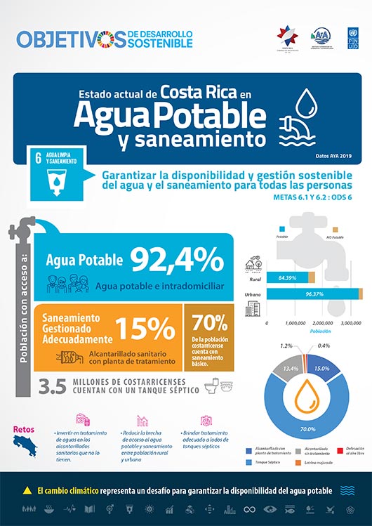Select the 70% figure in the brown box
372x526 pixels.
tap(211, 322)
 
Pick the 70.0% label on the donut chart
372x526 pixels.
tap(307, 428)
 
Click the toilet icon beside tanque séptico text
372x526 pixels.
tap(211, 385)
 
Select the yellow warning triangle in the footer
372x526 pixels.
tap(27, 489)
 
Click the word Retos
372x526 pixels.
tap(24, 428)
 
